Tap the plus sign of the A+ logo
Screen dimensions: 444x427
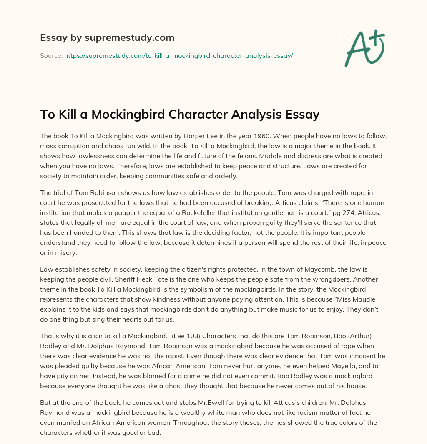377,37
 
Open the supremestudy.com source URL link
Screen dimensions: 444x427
178,55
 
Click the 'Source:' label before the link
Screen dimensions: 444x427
51,55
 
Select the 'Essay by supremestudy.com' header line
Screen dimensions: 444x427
107,38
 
